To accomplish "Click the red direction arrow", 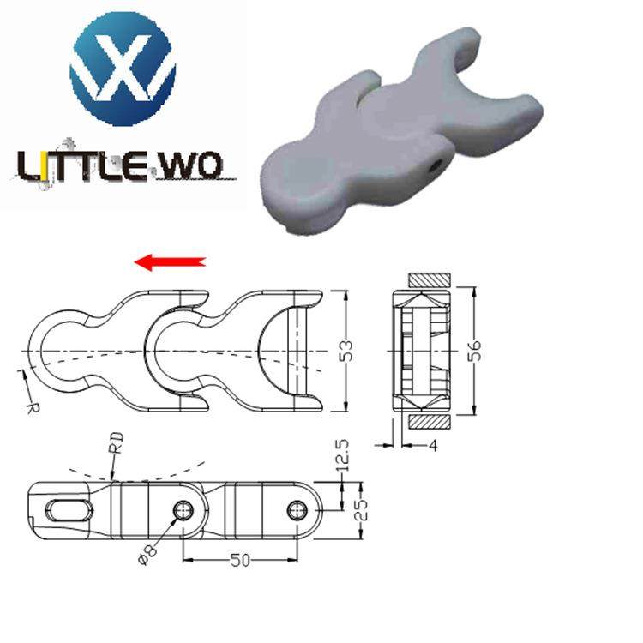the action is coord(170,262).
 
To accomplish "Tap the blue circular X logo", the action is coord(123,69).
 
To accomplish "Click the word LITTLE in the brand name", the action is coord(82,166).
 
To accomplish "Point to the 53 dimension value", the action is coord(346,351).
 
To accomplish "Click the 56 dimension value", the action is coord(474,350).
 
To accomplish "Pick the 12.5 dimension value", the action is coord(341,455).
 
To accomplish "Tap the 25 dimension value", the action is coord(361,509).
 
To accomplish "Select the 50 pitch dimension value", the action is coord(240,560).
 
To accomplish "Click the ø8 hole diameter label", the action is coord(147,554).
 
